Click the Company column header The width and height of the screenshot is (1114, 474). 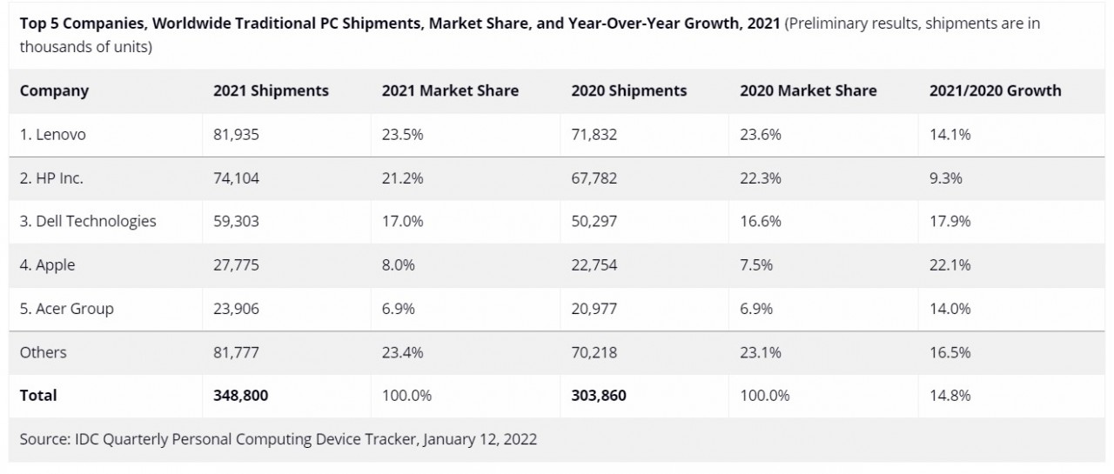[54, 90]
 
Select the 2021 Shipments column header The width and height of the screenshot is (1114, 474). [271, 90]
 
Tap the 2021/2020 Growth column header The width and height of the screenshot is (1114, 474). [995, 90]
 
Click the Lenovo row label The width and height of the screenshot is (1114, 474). [53, 135]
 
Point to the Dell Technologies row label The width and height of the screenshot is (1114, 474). [88, 222]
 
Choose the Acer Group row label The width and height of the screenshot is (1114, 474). [67, 309]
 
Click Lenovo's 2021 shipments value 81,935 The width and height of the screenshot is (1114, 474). [236, 135]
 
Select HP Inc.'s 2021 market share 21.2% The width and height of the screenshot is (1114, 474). [402, 178]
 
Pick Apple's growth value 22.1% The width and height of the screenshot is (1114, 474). [950, 265]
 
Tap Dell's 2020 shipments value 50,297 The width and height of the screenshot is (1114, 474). [594, 222]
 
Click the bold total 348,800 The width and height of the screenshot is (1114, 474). [240, 396]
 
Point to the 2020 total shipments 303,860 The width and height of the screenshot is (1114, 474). [598, 396]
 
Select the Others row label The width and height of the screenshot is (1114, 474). [44, 352]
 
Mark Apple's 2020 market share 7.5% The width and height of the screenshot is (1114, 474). [756, 265]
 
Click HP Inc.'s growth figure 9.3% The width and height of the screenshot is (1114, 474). [945, 178]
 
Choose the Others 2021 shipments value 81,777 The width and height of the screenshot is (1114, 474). [236, 352]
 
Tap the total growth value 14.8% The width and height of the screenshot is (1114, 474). [950, 396]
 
